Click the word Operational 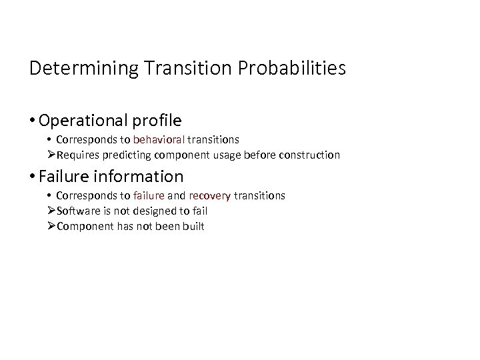click(83, 121)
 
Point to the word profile click(157, 121)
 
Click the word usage click(231, 155)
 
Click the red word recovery click(210, 196)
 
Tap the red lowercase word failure click(149, 196)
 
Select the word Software click(76, 211)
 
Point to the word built click(193, 226)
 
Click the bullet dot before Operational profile click(33, 121)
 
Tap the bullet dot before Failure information click(33, 177)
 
